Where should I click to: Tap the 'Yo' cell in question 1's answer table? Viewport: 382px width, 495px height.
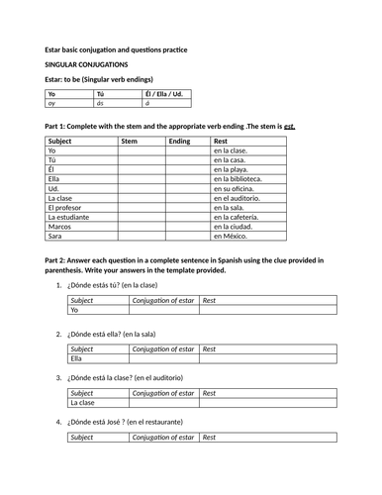click(75, 310)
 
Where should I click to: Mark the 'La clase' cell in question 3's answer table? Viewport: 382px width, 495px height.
click(83, 403)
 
